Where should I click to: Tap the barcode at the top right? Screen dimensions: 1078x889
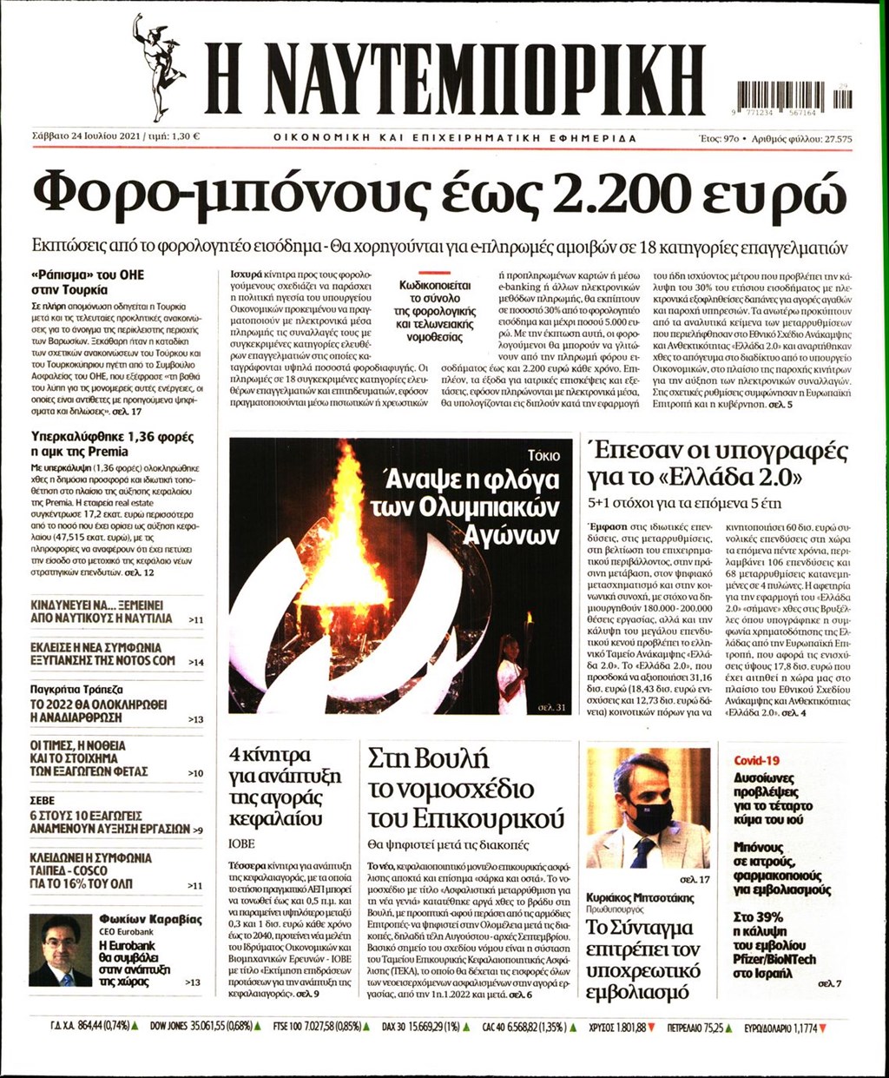click(794, 94)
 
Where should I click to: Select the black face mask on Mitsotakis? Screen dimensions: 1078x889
click(650, 816)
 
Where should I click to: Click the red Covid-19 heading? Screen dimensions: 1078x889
click(757, 760)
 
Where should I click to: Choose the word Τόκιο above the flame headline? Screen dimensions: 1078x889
click(543, 455)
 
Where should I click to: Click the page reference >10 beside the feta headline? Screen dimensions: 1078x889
click(195, 773)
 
